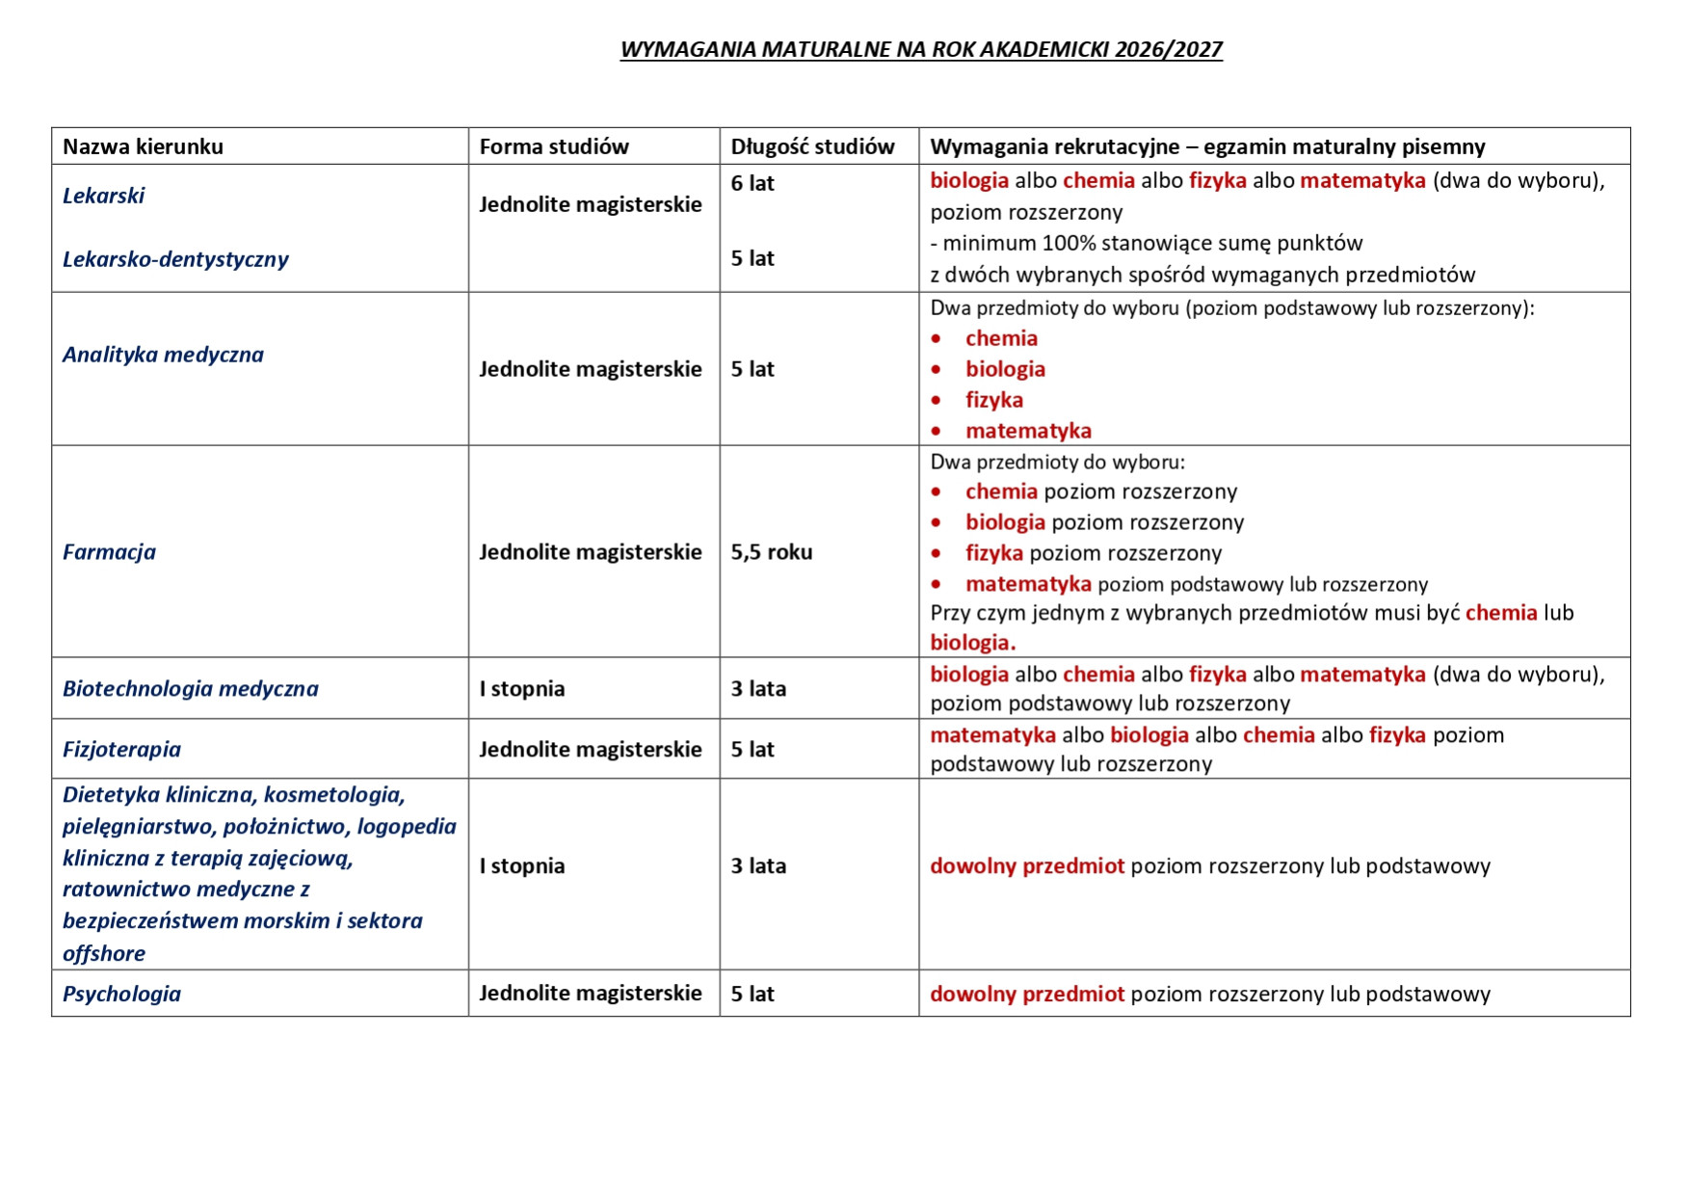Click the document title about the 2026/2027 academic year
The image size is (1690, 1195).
click(921, 49)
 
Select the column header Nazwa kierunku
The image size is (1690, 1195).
click(143, 146)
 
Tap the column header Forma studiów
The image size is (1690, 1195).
click(554, 146)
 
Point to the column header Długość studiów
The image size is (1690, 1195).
click(812, 146)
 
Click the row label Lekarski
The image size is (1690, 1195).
click(103, 196)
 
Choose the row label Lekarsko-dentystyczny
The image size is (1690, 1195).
click(175, 259)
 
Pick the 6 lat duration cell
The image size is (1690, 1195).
click(753, 183)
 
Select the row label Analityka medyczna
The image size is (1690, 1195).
click(163, 355)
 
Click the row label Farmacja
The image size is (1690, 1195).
click(109, 552)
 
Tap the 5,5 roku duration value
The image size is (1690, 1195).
click(772, 552)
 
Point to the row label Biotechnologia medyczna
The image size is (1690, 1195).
click(190, 689)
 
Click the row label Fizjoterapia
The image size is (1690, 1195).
click(121, 750)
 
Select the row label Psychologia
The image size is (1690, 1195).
click(121, 994)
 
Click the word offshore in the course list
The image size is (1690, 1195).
click(104, 954)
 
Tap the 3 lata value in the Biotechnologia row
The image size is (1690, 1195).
click(758, 689)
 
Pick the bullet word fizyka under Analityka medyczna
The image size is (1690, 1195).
click(994, 400)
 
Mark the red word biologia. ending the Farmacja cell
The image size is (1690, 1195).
click(972, 643)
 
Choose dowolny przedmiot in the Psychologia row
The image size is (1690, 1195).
click(1027, 994)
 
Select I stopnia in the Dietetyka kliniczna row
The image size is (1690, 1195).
click(522, 866)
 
